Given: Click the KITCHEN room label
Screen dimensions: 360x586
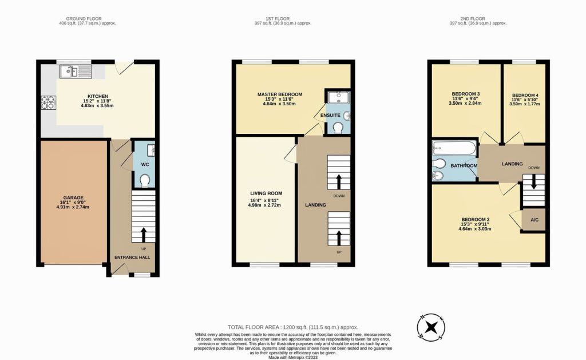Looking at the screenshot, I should pos(98,96).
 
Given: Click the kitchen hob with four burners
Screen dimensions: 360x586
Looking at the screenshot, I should pos(47,102).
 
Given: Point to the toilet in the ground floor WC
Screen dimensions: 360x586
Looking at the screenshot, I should pos(144,181).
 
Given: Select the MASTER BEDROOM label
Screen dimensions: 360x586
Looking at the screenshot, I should pos(279,94).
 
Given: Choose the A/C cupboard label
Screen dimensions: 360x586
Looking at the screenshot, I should pos(533,220).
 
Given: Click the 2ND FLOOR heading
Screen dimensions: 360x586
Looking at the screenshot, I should pos(478,18).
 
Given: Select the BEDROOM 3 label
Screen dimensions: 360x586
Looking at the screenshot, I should pos(466,94).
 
